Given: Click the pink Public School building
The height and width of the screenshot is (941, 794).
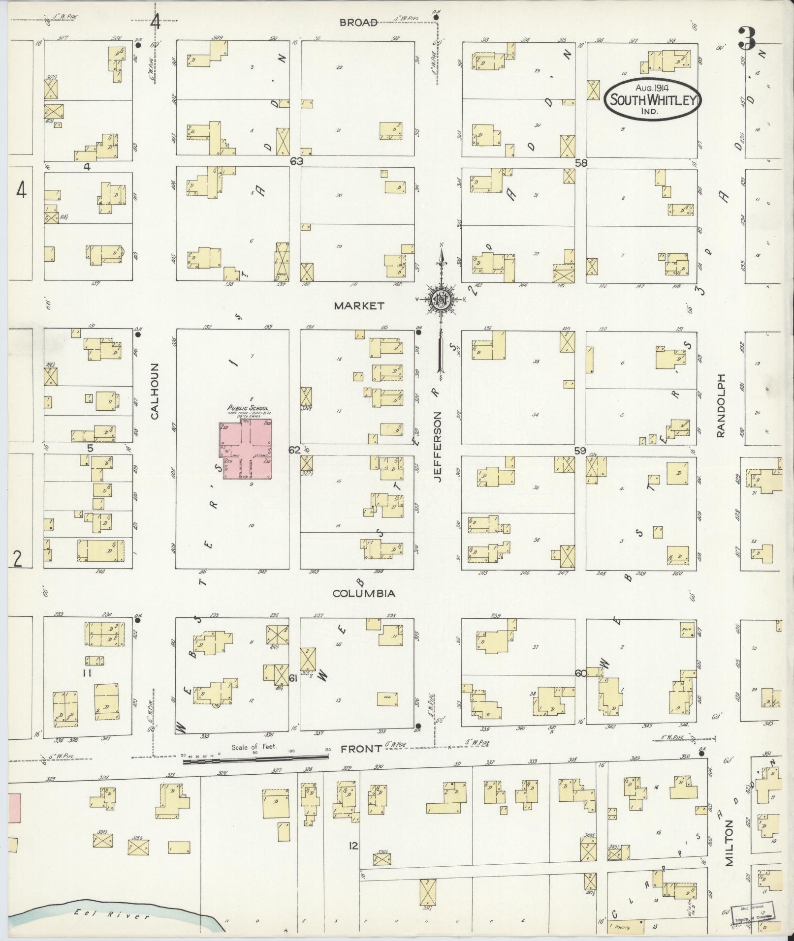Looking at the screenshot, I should [x=246, y=450].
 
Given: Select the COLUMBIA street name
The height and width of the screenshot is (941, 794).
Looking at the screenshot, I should [x=364, y=594].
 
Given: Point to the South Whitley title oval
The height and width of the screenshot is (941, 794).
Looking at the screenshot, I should [x=653, y=99].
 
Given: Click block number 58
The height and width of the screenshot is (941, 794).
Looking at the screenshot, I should [x=581, y=163].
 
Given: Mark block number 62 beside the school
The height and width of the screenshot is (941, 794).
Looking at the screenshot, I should [x=294, y=450].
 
